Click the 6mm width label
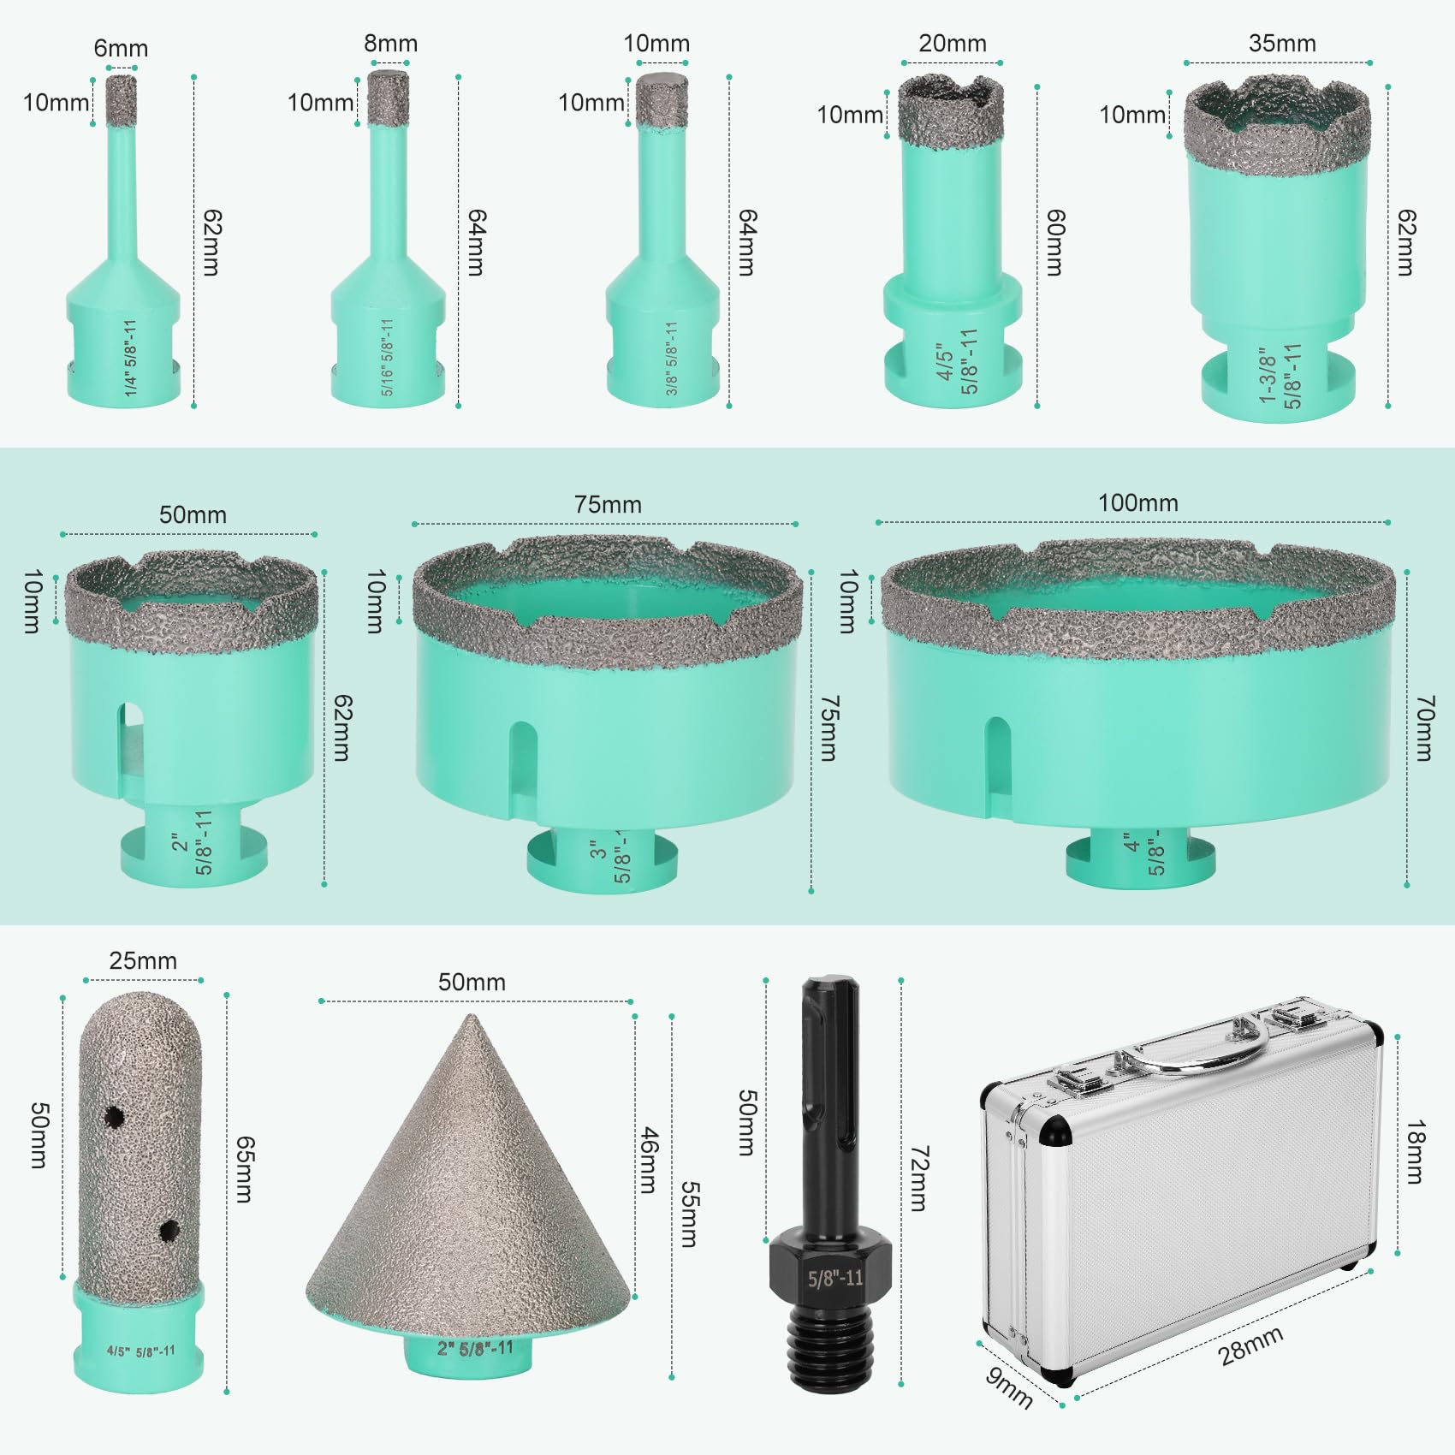[x=121, y=49]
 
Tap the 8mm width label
[x=391, y=44]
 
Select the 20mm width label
[x=953, y=44]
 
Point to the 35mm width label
[x=1282, y=44]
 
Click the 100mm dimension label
[x=1138, y=503]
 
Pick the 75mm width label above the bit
[x=608, y=505]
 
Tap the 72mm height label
[x=918, y=1179]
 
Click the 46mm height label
[x=650, y=1161]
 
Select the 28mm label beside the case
[x=1251, y=1346]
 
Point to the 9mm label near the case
[x=1009, y=1387]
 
